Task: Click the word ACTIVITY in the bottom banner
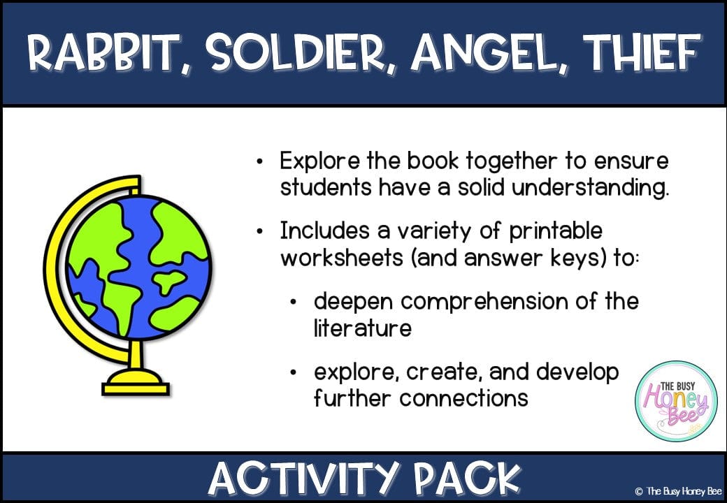click(x=303, y=478)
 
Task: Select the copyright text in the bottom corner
click(x=679, y=491)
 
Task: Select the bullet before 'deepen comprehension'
click(x=294, y=302)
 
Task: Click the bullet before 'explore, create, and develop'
click(x=294, y=372)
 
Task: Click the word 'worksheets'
click(x=342, y=258)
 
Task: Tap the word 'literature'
click(x=362, y=328)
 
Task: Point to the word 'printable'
click(x=556, y=231)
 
